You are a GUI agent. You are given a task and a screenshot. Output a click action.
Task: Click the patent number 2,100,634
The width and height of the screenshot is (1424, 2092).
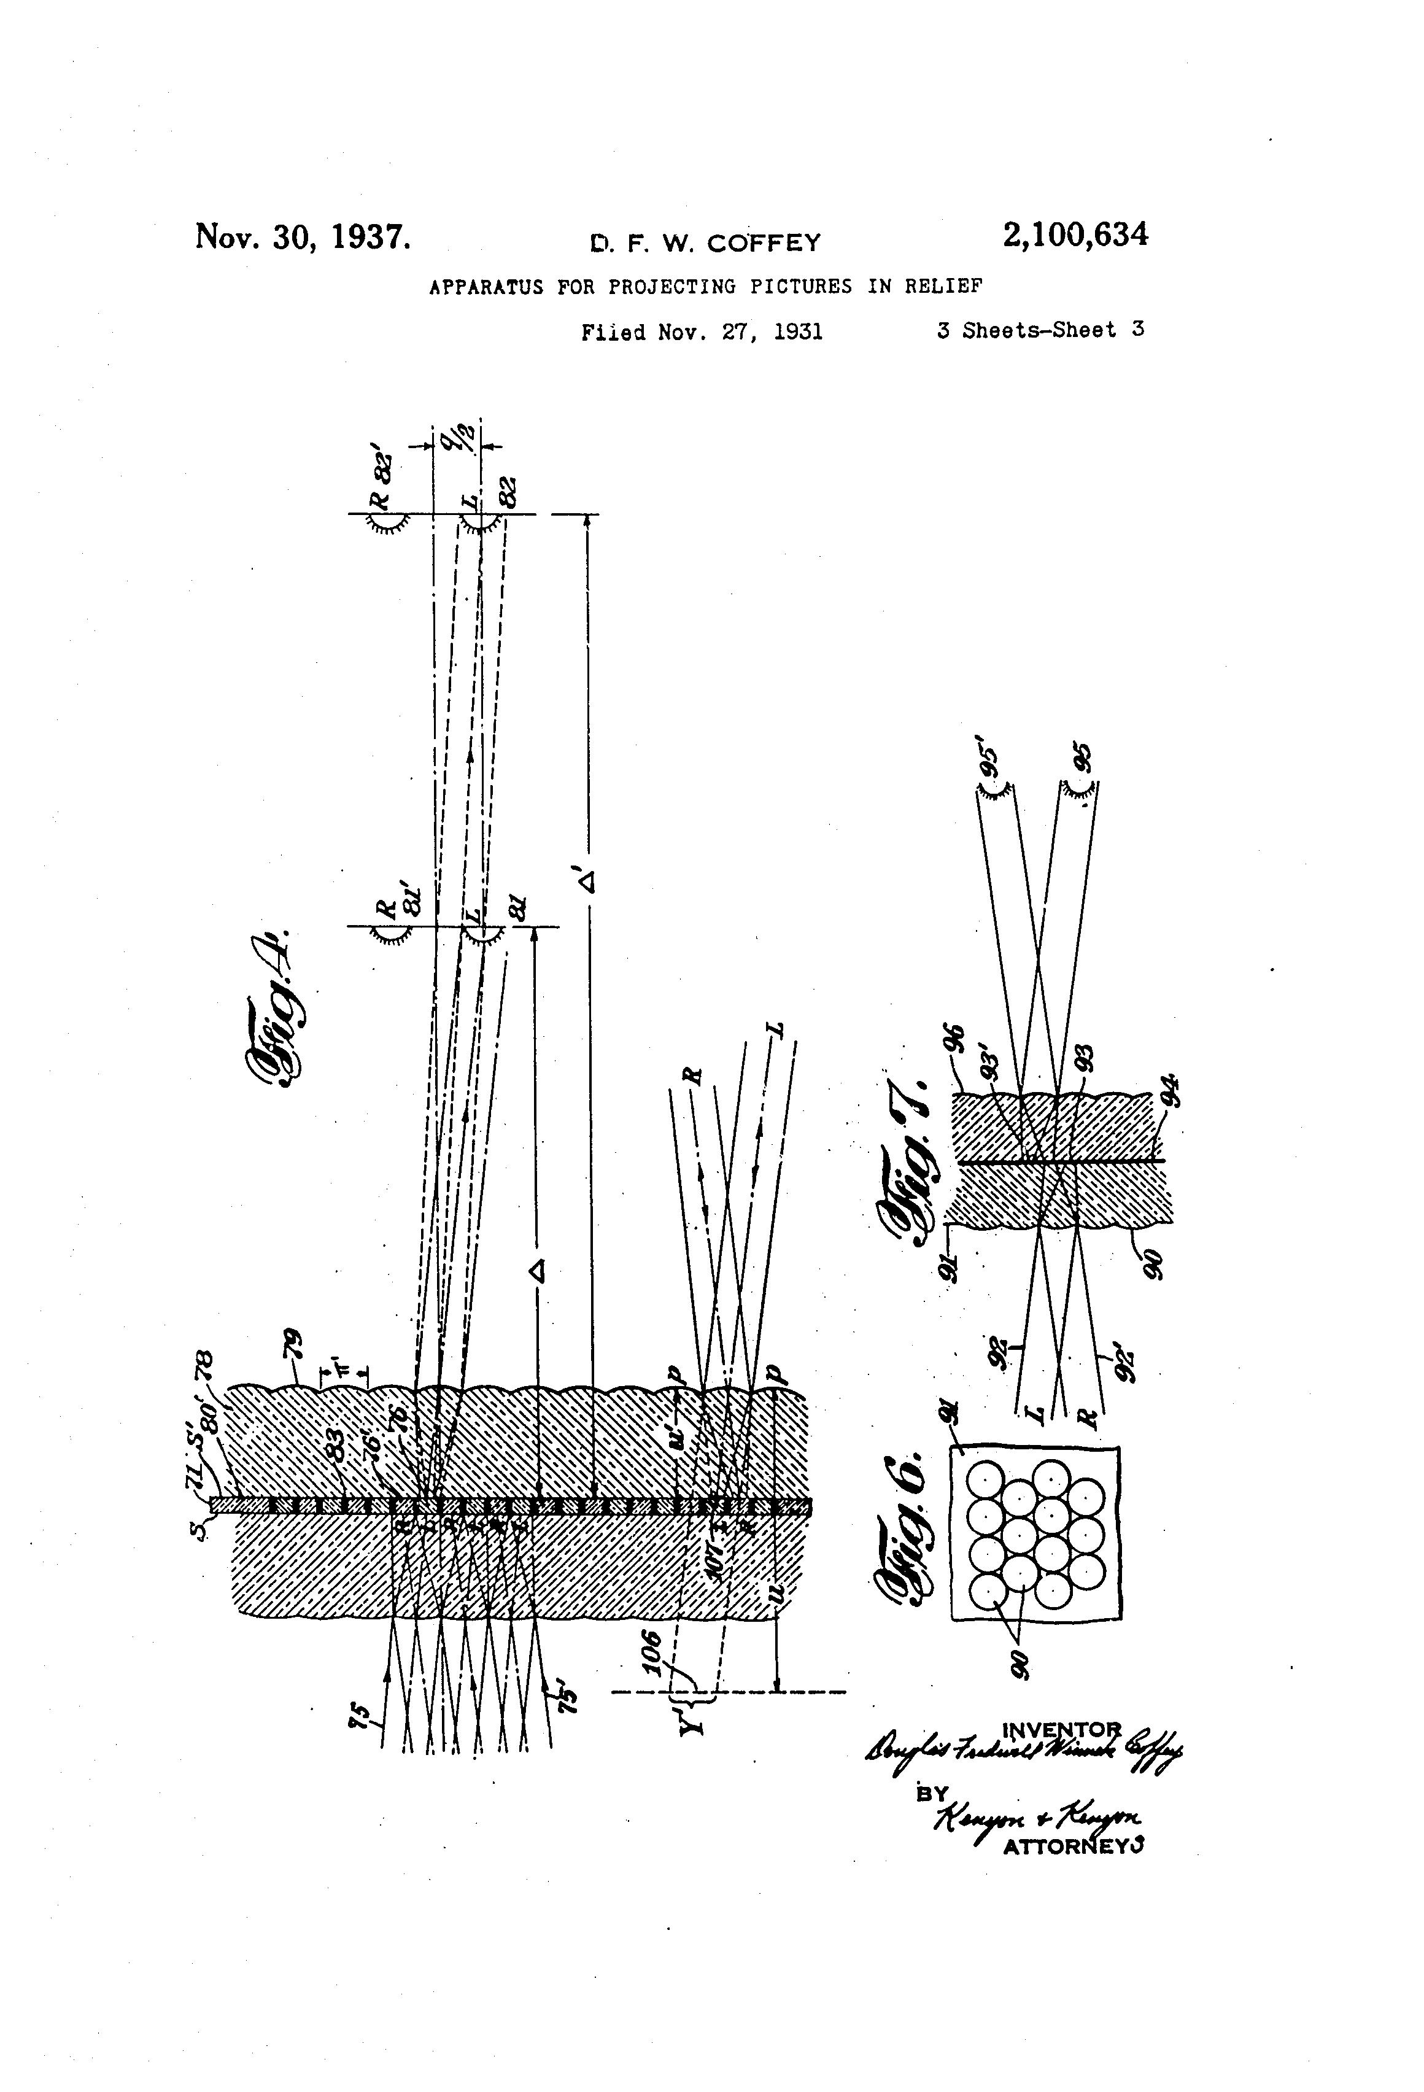pyautogui.click(x=1075, y=236)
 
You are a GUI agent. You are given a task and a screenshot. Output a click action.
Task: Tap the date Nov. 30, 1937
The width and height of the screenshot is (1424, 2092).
pyautogui.click(x=303, y=237)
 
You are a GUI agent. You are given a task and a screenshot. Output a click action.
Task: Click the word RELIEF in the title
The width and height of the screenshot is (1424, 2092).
pyautogui.click(x=943, y=287)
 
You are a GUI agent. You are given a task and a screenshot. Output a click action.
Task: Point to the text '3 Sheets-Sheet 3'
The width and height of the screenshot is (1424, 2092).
pyautogui.click(x=1040, y=330)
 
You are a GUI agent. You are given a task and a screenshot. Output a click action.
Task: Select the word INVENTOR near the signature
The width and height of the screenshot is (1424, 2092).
pyautogui.click(x=1062, y=1729)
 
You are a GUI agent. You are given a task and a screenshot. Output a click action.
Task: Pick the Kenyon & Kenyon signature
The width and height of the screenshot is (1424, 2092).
pyautogui.click(x=1035, y=1818)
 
